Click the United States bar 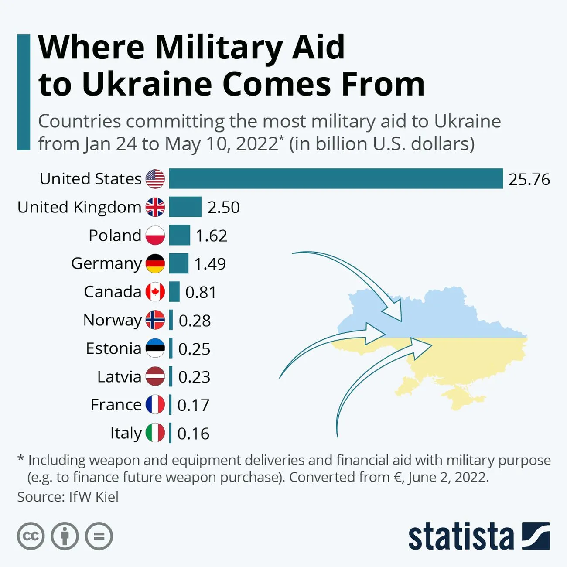336,179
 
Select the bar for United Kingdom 185,207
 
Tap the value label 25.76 529,179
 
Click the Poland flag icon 155,235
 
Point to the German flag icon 155,263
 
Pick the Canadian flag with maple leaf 155,292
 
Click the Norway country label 112,320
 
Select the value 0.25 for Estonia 194,349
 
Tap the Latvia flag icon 155,376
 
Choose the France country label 116,405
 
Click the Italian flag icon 155,433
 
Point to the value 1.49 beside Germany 210,264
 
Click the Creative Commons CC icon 31,536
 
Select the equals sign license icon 99,536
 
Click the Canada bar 174,292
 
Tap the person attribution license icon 65,536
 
